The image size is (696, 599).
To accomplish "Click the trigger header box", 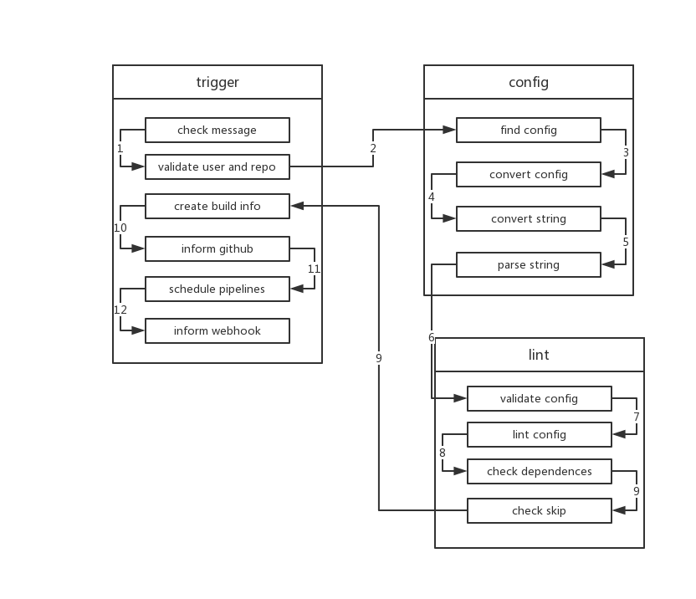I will tap(217, 82).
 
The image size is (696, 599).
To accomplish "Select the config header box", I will tap(529, 82).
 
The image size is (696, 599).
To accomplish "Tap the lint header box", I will tap(540, 355).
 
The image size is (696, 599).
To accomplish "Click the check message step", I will tap(217, 131).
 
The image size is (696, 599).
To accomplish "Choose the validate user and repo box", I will tap(217, 166).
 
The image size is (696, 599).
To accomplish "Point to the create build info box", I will tap(217, 206).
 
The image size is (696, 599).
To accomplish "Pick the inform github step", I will tap(217, 248).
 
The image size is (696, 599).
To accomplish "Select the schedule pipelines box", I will tap(217, 289).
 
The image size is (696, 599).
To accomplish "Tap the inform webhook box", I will tap(217, 330).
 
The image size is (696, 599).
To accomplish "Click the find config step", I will tap(529, 130).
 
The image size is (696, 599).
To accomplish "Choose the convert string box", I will tap(529, 219).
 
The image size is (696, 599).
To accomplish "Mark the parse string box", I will tap(529, 265).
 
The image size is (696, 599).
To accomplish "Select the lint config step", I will tap(540, 435).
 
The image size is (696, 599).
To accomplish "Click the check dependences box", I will tap(540, 471).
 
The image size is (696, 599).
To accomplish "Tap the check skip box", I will tap(540, 510).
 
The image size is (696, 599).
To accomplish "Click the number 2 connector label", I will tap(373, 149).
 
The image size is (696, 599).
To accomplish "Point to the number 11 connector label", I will tap(315, 269).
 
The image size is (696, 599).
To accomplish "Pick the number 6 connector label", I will tap(432, 337).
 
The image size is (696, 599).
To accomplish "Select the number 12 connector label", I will tap(120, 310).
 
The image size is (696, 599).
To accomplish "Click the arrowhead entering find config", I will tap(451, 130).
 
